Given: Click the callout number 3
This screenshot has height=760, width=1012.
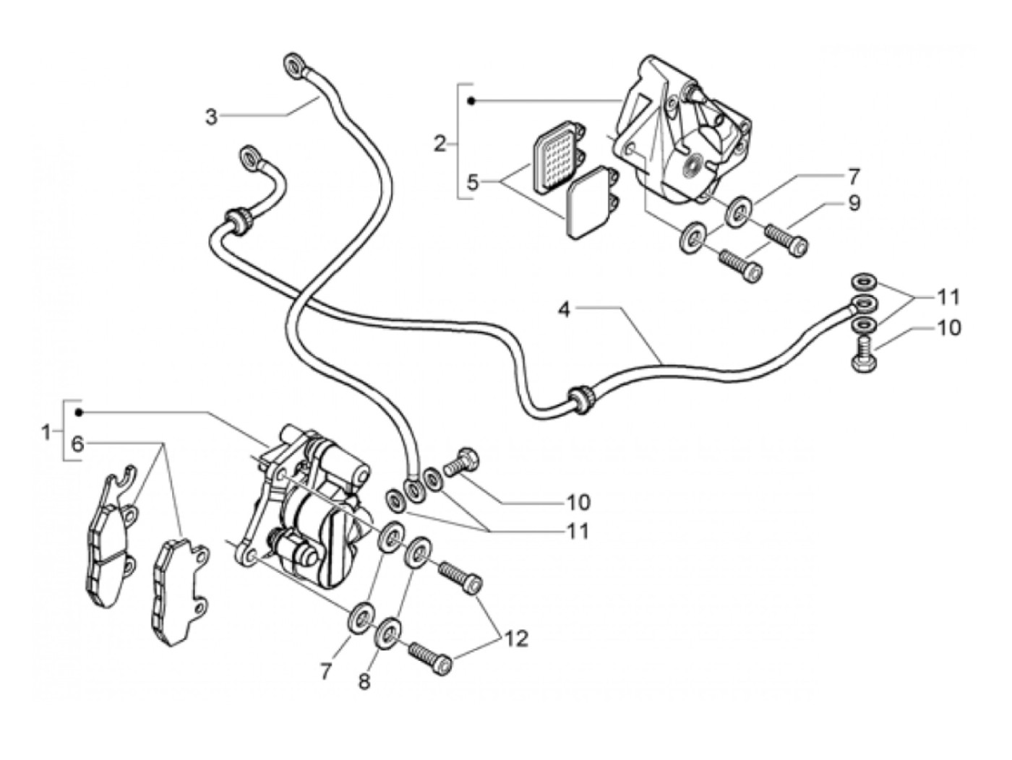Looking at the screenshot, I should click(210, 116).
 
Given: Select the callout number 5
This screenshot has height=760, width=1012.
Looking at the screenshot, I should click(473, 181).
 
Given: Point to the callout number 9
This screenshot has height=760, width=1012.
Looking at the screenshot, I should click(854, 203).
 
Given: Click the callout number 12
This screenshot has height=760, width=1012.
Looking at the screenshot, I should click(516, 639).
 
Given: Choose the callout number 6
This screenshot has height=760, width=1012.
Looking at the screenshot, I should click(77, 444).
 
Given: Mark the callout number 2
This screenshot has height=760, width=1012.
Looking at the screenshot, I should click(440, 144).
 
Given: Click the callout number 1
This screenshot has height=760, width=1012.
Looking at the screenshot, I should click(47, 433).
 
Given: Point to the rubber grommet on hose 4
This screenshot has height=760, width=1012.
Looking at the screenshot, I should click(580, 400).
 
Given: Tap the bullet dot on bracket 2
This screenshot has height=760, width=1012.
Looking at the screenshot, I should click(471, 100).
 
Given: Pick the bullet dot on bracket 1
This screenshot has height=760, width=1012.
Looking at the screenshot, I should click(80, 412).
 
